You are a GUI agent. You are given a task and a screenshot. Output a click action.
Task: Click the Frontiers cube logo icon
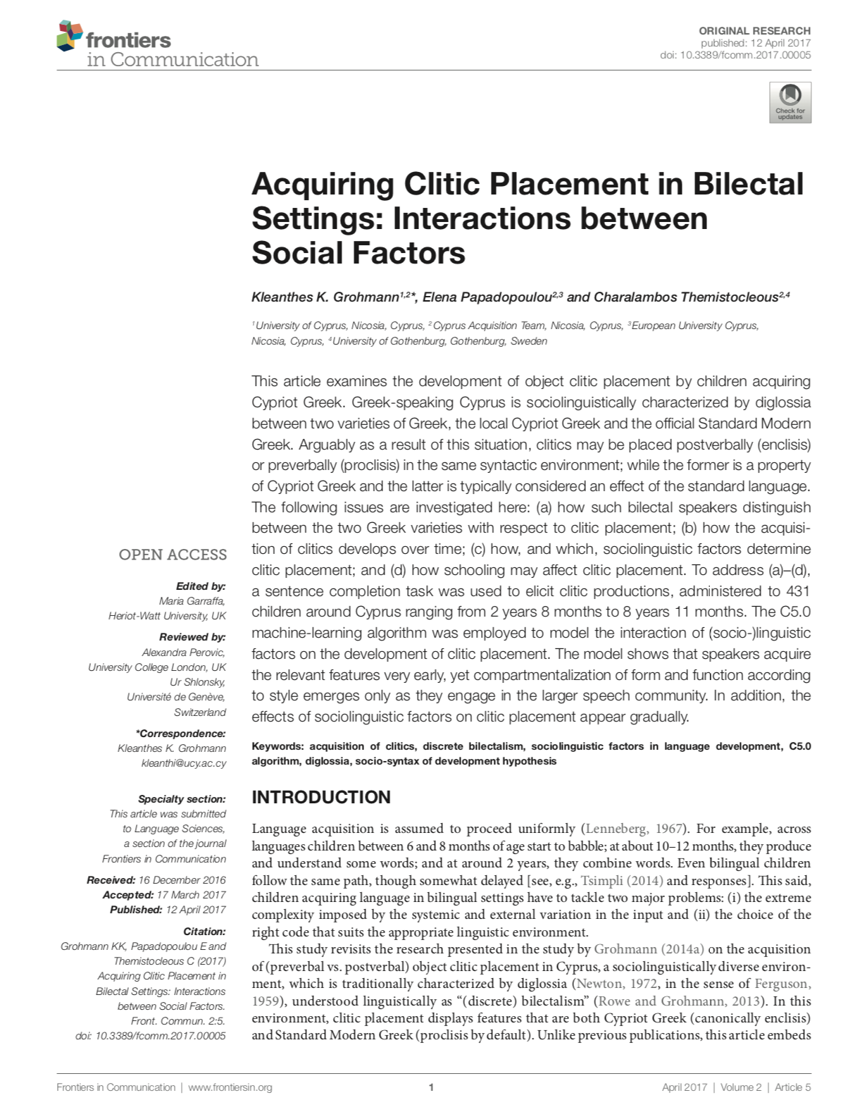tap(69, 36)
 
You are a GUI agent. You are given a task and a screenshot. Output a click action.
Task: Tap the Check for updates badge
tap(790, 102)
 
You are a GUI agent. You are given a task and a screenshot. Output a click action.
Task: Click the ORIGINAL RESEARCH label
tap(754, 30)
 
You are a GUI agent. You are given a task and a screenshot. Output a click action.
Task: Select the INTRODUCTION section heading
tap(321, 797)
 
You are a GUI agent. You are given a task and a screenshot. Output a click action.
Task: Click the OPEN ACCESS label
tap(173, 555)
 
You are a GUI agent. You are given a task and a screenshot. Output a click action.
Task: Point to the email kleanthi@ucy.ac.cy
tap(184, 763)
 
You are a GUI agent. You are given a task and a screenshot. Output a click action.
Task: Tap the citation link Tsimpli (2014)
tap(622, 881)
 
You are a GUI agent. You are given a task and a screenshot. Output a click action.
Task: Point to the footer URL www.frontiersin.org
tap(230, 1087)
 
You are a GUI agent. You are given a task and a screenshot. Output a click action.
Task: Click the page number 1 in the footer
tap(430, 1087)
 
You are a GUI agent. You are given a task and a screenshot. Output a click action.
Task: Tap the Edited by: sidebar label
tap(201, 586)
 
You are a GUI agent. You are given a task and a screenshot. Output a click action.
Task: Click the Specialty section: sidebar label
tap(182, 799)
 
